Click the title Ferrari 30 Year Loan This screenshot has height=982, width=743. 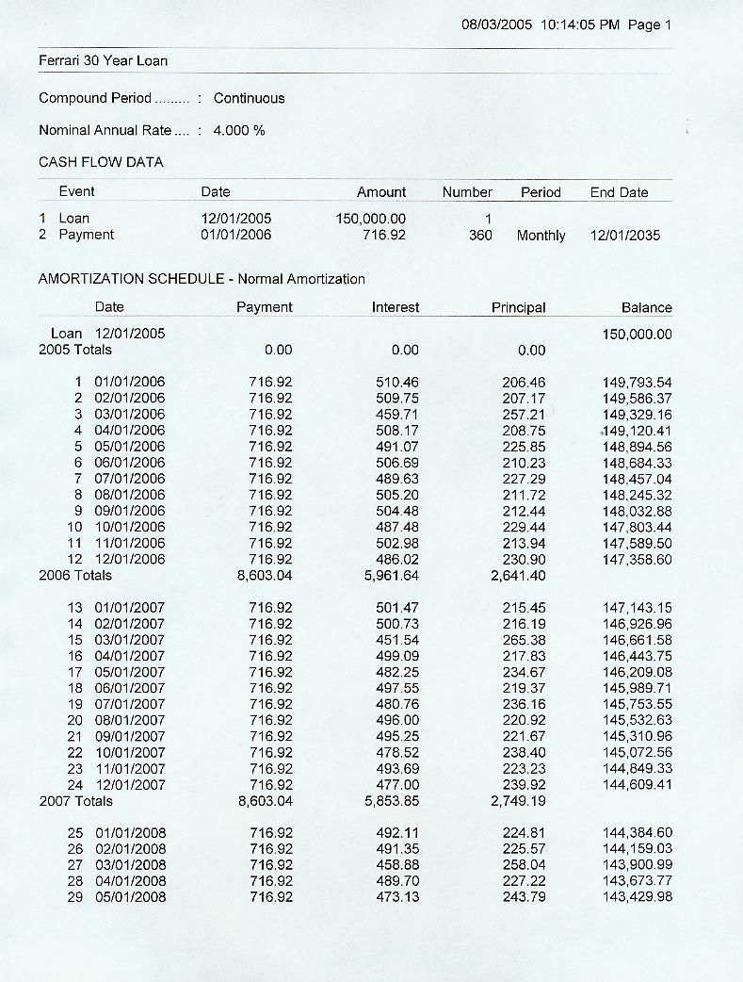103,61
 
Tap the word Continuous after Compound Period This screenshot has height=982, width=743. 249,98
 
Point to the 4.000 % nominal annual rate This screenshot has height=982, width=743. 239,130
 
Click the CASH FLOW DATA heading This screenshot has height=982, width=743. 101,162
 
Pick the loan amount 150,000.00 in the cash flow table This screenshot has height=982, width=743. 371,219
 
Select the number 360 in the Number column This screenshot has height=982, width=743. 480,235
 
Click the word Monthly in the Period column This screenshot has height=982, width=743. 541,235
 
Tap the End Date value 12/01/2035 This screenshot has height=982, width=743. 625,235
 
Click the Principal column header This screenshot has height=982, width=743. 518,307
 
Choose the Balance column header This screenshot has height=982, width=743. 646,307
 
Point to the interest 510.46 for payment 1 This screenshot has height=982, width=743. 396,383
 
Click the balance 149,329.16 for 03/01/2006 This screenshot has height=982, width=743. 637,415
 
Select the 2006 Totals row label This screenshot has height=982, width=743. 75,575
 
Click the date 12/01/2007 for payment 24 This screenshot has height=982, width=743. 129,784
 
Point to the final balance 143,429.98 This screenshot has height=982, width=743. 637,896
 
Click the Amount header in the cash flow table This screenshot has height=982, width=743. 381,192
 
